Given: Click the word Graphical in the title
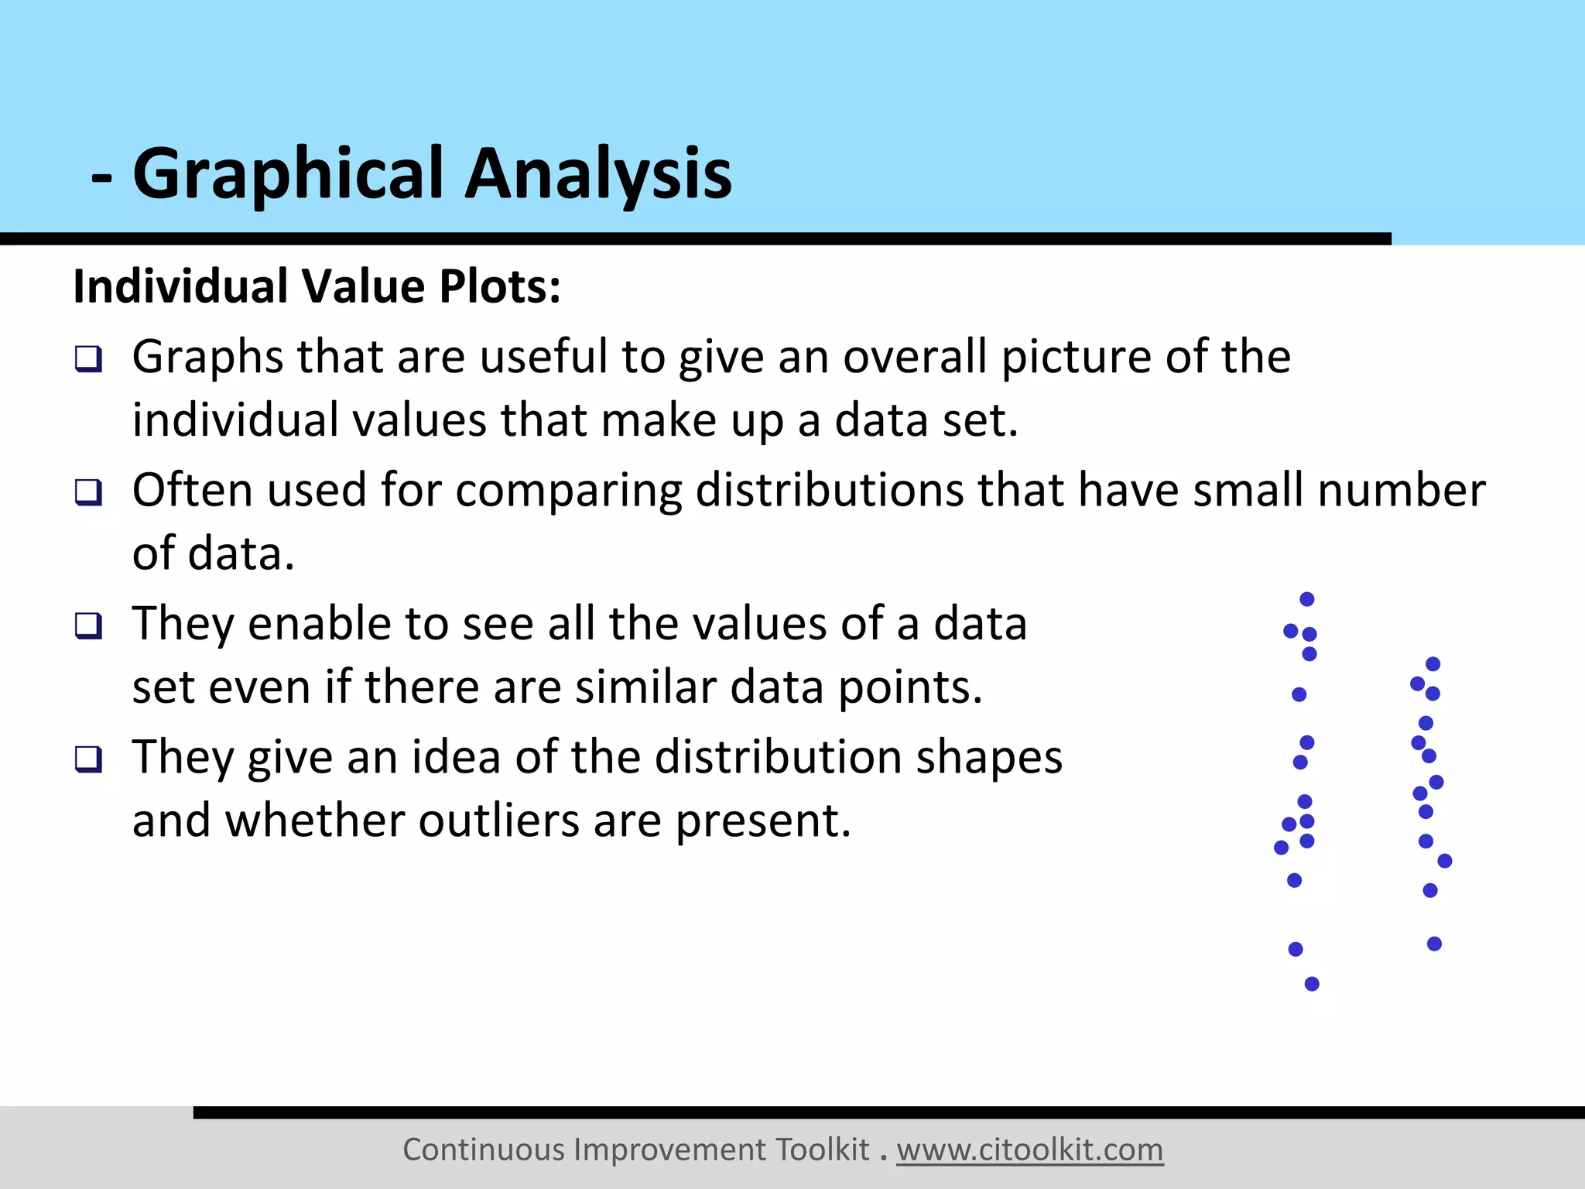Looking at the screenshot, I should pos(290,174).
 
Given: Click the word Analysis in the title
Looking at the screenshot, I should pos(597,174).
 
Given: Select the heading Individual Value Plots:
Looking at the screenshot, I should pos(317,286).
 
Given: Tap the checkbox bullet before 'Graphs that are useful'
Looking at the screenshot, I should pos(88,359).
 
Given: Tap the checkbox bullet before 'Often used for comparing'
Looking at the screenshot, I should pos(88,492).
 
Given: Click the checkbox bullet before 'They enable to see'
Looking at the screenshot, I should pos(88,625).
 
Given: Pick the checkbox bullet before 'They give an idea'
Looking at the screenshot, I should pos(88,759).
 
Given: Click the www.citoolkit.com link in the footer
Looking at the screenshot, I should pos(1029,1150).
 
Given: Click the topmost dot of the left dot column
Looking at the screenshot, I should pos(1307,599).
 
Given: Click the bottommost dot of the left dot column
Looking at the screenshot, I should pos(1312,984).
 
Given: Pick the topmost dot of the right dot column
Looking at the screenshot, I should pos(1433,664).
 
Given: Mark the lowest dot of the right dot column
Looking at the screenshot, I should pos(1434,944).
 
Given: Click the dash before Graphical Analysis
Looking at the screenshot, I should pos(101,178).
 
